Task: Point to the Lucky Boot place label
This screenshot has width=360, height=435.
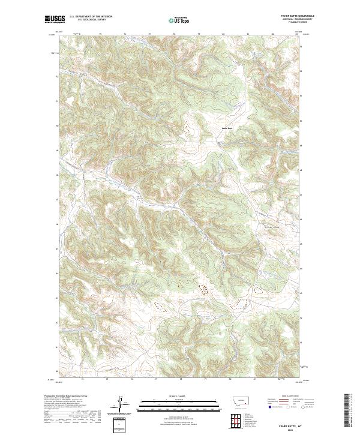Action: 227,128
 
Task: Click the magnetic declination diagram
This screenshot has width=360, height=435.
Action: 120,406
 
